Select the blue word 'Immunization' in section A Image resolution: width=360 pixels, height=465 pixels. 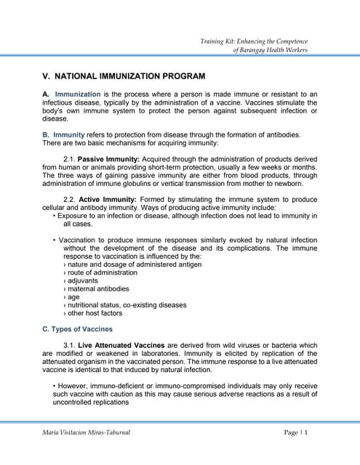(78, 94)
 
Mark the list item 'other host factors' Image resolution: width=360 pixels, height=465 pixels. (93, 313)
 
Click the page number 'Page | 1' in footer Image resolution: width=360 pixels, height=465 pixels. (296, 433)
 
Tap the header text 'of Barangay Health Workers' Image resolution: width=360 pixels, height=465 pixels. (270, 49)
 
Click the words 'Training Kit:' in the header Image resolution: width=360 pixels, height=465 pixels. (220, 41)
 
